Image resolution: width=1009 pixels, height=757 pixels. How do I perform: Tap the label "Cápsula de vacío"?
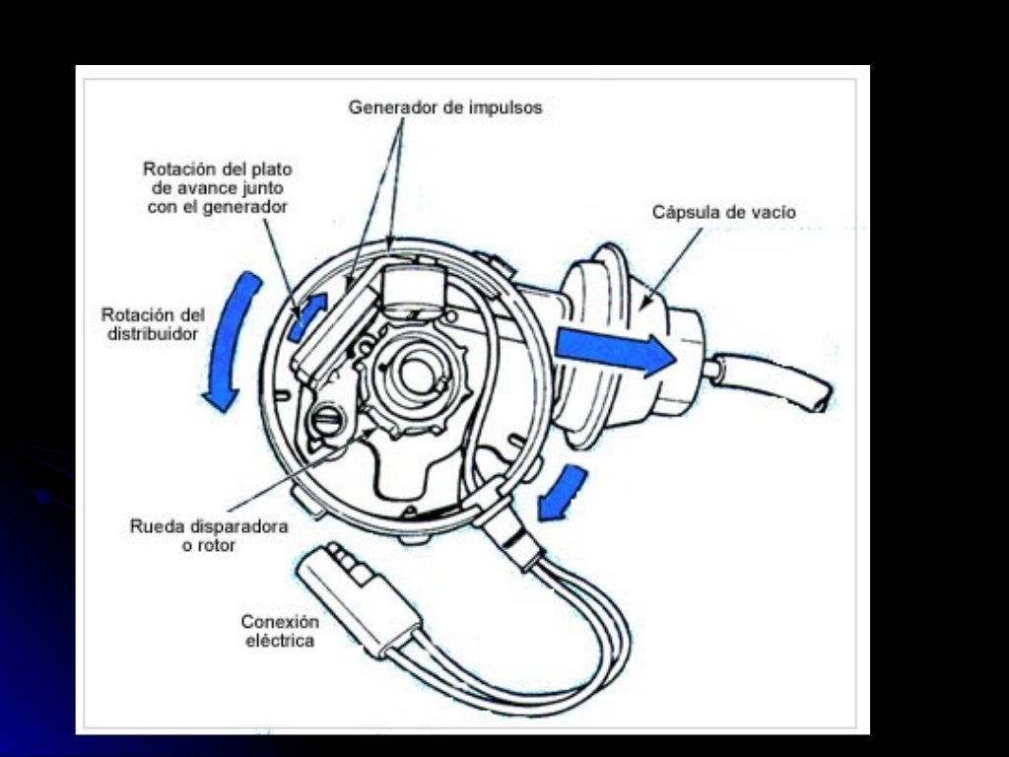click(723, 212)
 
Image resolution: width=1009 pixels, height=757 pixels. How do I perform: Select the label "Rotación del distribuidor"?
click(153, 325)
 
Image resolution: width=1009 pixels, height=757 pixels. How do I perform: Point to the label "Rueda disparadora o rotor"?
click(209, 535)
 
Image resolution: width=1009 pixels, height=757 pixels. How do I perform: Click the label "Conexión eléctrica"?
click(280, 631)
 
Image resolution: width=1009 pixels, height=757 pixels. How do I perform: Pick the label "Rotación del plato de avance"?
click(217, 187)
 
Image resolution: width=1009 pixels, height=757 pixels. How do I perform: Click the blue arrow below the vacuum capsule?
click(563, 492)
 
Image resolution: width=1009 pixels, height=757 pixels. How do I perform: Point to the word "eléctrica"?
click(280, 641)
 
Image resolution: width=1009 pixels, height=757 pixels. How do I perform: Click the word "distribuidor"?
click(153, 335)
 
